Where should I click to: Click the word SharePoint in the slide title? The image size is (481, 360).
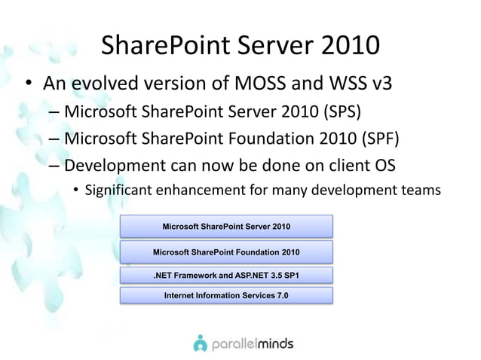(x=161, y=46)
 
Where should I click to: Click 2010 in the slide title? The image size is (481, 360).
(x=342, y=46)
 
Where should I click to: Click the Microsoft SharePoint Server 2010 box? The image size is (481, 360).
(x=226, y=226)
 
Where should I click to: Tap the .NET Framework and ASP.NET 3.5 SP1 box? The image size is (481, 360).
(x=226, y=275)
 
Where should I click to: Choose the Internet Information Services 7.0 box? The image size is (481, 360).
(x=226, y=294)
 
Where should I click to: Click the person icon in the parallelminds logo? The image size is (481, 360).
(x=200, y=342)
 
